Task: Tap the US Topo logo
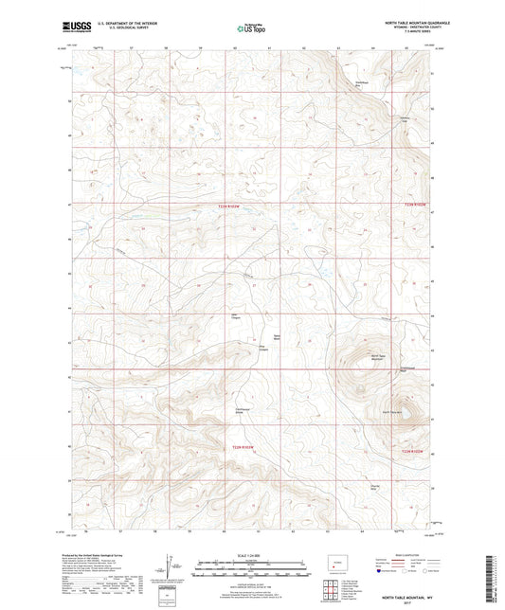pyautogui.click(x=245, y=28)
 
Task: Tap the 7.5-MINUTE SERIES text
pyautogui.click(x=408, y=32)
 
